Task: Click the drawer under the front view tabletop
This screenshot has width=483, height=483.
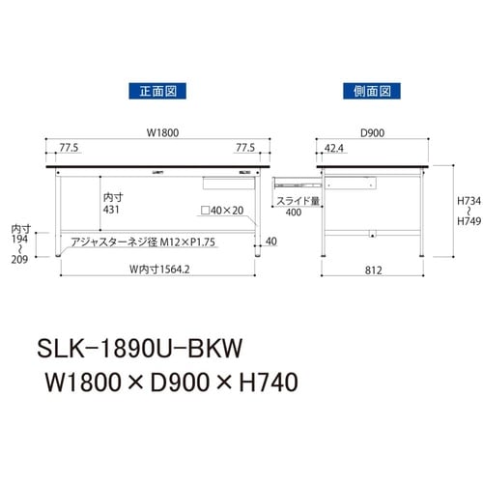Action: [228, 179]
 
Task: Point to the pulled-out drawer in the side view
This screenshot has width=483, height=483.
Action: [298, 181]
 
